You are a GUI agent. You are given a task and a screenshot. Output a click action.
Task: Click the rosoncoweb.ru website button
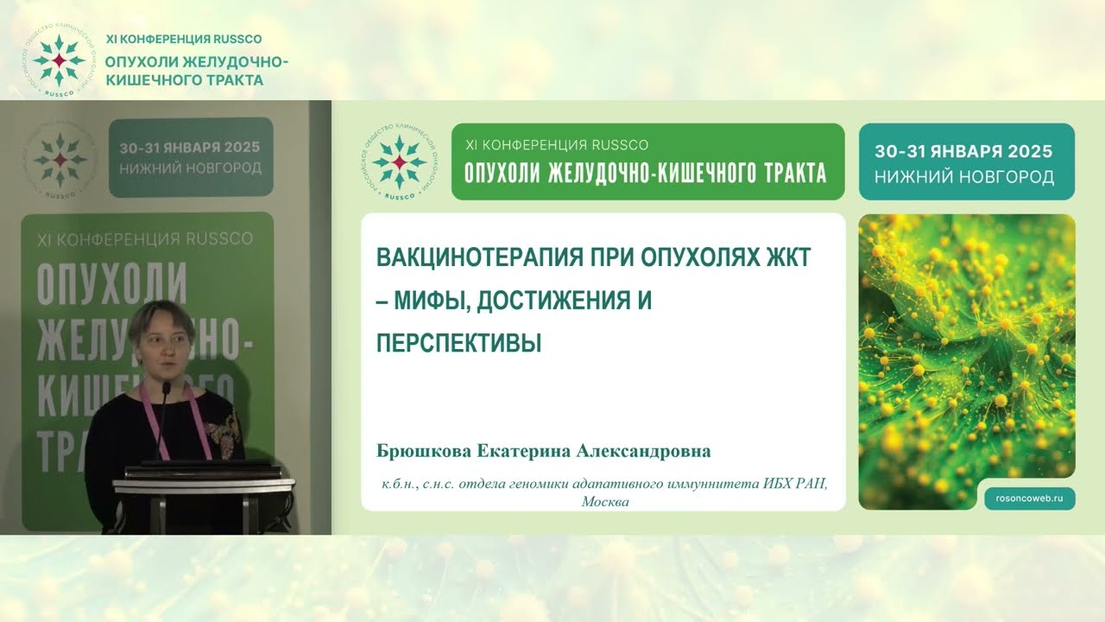click(x=1030, y=498)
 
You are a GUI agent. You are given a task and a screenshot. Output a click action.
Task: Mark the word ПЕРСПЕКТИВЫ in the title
click(x=458, y=343)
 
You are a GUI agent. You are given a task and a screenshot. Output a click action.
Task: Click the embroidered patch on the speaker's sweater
click(x=227, y=428)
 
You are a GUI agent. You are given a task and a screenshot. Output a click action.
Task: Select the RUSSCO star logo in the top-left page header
click(x=58, y=61)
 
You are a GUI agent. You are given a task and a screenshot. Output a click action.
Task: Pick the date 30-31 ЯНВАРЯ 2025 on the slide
click(x=963, y=151)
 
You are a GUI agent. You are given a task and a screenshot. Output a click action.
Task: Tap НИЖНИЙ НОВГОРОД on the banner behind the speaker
click(x=190, y=168)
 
